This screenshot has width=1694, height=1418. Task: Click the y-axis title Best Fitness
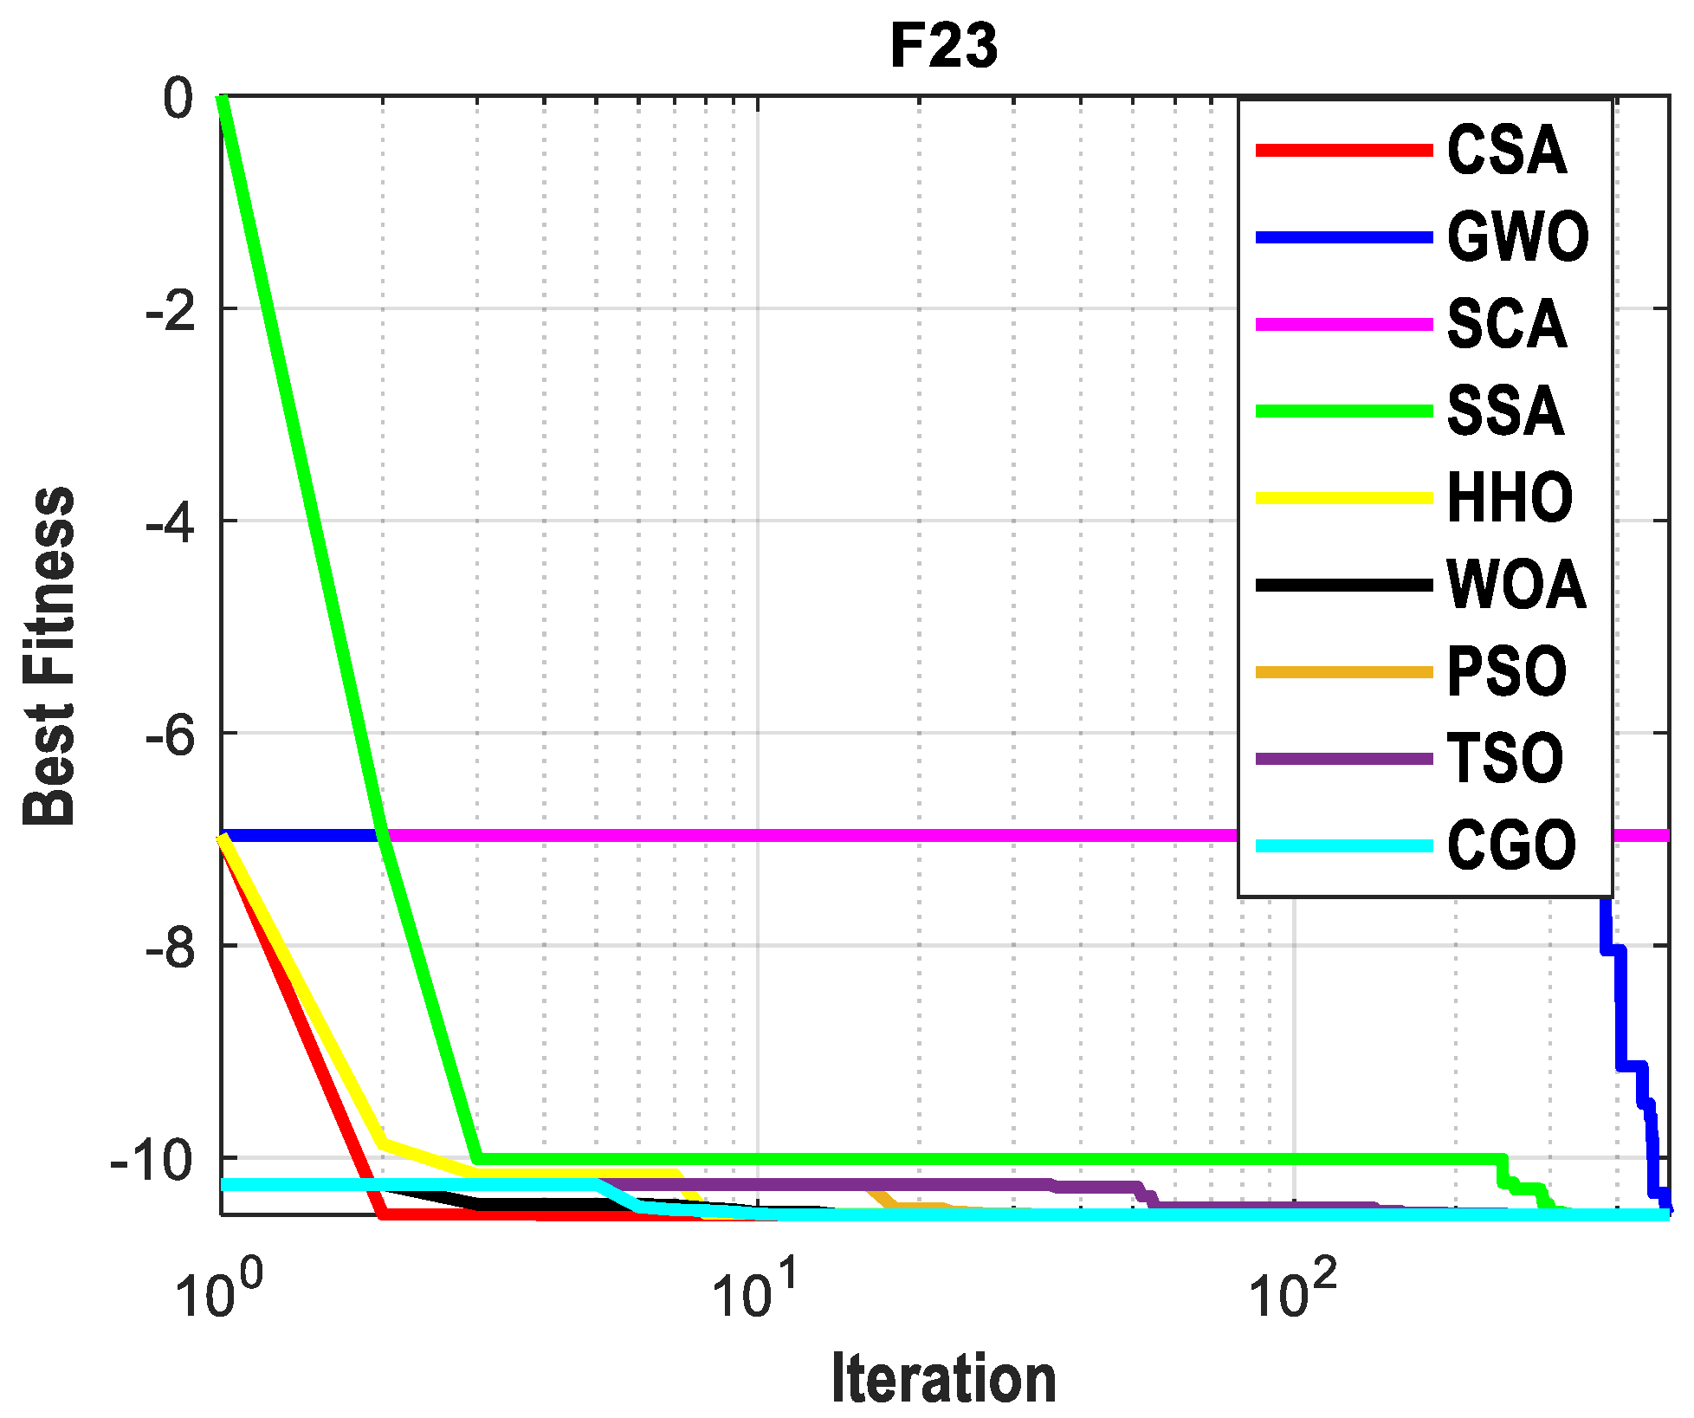tap(48, 656)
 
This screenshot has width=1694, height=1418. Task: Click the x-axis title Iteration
tap(943, 1378)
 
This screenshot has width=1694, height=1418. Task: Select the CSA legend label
tap(1506, 151)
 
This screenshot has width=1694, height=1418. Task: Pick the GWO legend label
tap(1517, 237)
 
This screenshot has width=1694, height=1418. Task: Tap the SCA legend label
tap(1506, 324)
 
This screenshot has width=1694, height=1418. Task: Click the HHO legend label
tap(1510, 498)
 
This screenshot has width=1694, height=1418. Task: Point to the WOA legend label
tap(1516, 585)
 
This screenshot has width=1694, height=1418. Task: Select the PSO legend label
tap(1506, 672)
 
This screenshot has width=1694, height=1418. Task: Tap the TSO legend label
tap(1504, 759)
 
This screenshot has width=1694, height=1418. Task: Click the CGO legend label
tap(1511, 845)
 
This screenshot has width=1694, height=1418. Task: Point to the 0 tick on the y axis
tap(178, 99)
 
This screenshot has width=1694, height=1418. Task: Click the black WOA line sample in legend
tap(1344, 586)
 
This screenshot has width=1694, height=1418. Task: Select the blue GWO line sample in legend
tap(1344, 237)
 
